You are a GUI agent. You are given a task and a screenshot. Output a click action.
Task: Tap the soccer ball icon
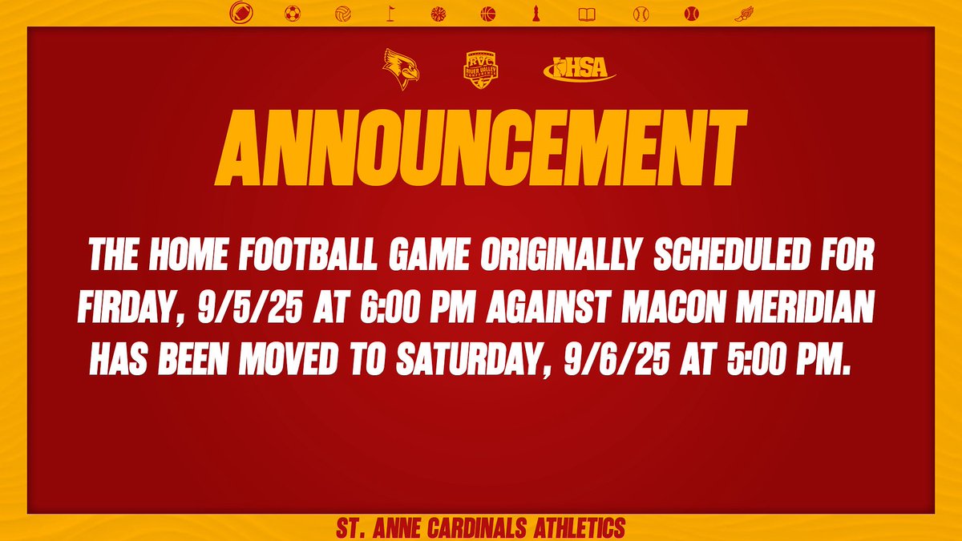pyautogui.click(x=289, y=13)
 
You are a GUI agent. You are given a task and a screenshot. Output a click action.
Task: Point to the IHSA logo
pyautogui.click(x=580, y=70)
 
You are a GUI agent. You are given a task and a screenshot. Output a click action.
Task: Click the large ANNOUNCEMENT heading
pyautogui.click(x=481, y=150)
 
